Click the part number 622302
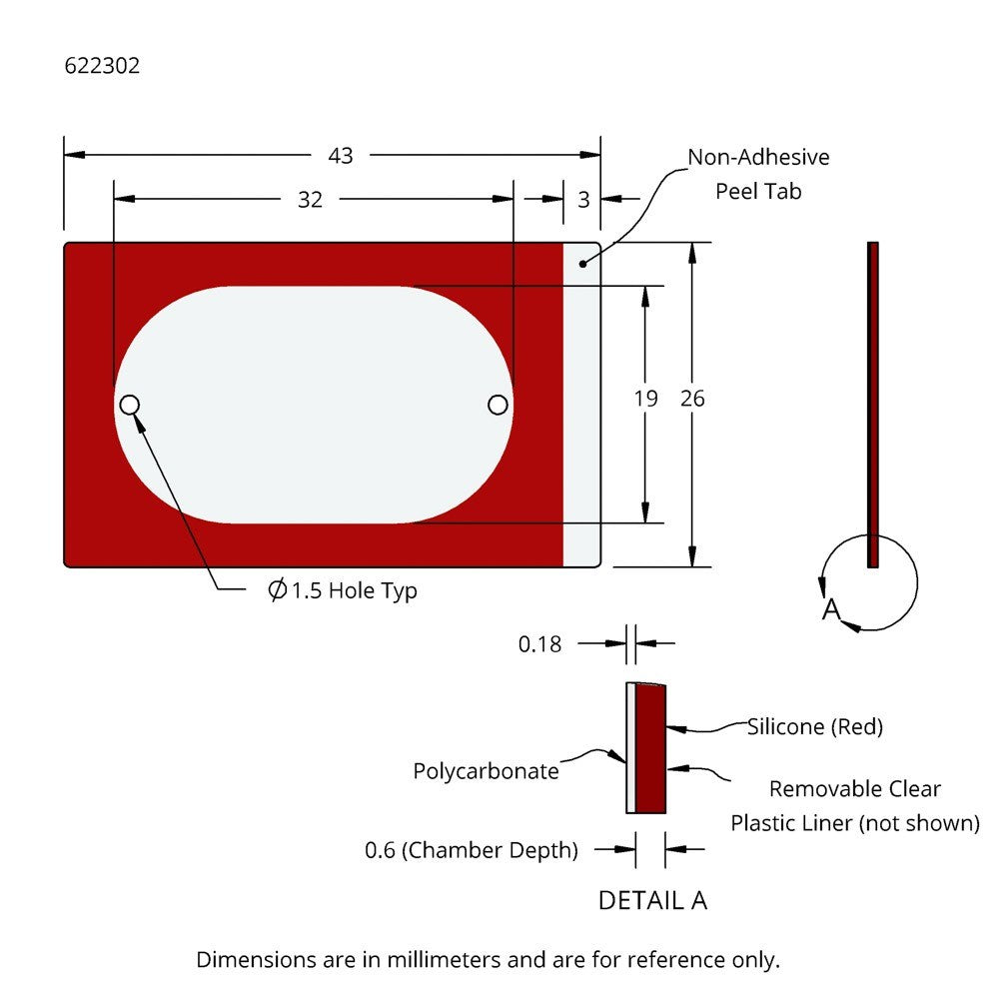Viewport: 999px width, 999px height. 102,67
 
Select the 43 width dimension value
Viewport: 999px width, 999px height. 341,156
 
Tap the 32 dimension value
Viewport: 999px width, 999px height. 311,200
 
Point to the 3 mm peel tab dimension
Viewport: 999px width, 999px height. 583,200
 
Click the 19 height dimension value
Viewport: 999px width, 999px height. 645,399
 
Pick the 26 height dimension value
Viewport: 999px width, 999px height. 692,399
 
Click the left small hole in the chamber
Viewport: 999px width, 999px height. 129,405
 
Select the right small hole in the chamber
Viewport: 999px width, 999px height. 498,404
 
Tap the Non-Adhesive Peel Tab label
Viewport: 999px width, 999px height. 758,174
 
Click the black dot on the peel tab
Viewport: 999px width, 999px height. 583,263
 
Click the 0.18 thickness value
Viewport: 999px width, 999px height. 539,644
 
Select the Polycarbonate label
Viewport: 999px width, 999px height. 486,771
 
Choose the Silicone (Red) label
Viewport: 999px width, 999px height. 815,727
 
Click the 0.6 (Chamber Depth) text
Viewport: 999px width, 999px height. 472,851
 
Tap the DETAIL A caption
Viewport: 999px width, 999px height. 652,900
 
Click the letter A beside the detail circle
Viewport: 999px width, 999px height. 830,610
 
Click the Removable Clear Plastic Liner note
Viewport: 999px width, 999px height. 854,805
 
